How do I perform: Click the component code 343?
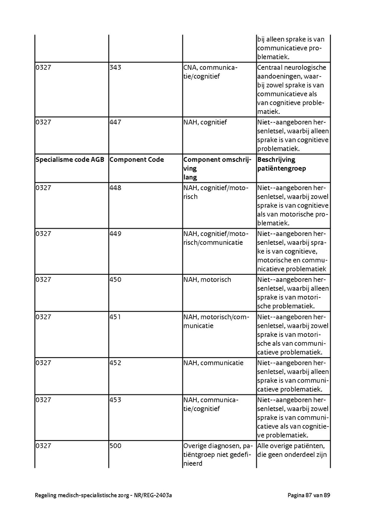click(116, 68)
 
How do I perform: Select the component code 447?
click(116, 122)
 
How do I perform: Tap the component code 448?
click(116, 188)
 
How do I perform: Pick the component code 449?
click(116, 234)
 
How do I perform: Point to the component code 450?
click(116, 280)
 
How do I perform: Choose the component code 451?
click(116, 317)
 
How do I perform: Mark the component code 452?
click(116, 363)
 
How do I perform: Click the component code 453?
click(116, 400)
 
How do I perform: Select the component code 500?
click(116, 446)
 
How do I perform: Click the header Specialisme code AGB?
click(70, 160)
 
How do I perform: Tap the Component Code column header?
click(137, 160)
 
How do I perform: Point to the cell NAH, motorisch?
click(207, 280)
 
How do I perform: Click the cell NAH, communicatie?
click(213, 363)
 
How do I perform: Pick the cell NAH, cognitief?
click(205, 122)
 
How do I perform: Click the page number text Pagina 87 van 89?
click(309, 495)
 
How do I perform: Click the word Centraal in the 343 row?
click(269, 68)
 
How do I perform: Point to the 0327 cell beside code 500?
click(43, 446)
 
